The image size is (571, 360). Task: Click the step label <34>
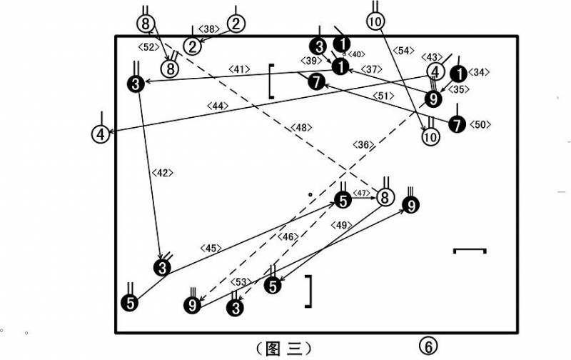(478, 73)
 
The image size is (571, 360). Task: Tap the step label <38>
(208, 29)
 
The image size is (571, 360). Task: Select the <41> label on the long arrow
(239, 69)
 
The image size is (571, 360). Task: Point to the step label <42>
(162, 173)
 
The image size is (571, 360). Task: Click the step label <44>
(218, 106)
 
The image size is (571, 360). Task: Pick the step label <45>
(211, 248)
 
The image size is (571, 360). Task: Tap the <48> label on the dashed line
(301, 128)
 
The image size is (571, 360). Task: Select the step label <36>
(363, 145)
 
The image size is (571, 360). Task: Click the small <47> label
(361, 193)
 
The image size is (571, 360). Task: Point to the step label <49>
(341, 226)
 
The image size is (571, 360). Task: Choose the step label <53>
(241, 282)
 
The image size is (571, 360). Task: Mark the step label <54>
(403, 51)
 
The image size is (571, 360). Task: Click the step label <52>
(149, 47)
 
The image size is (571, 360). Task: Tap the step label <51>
(383, 96)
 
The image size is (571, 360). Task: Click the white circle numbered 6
(428, 346)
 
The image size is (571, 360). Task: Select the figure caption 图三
(284, 349)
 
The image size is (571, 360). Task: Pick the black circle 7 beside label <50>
(457, 124)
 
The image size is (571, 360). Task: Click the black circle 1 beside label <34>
(459, 74)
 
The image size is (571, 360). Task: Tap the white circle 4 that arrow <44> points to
(101, 134)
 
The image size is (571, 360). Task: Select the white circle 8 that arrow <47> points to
(385, 197)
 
